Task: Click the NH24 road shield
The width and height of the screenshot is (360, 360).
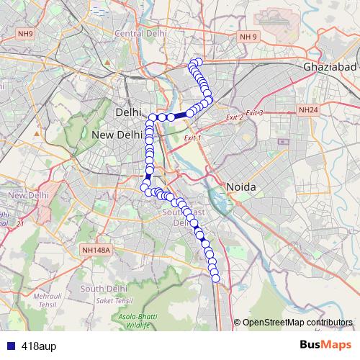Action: (x=308, y=110)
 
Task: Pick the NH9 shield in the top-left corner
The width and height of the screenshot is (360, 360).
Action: (x=26, y=33)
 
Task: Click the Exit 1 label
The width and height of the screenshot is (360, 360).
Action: (x=193, y=138)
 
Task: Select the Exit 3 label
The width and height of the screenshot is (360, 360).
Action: (x=255, y=113)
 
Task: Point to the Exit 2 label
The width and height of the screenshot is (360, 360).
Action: (x=235, y=117)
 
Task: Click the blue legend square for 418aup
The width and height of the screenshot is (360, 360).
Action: (x=8, y=346)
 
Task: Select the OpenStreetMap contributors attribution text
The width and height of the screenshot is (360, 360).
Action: (x=297, y=322)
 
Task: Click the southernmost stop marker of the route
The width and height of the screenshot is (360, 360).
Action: (x=215, y=278)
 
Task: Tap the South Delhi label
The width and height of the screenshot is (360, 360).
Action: (x=104, y=288)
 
